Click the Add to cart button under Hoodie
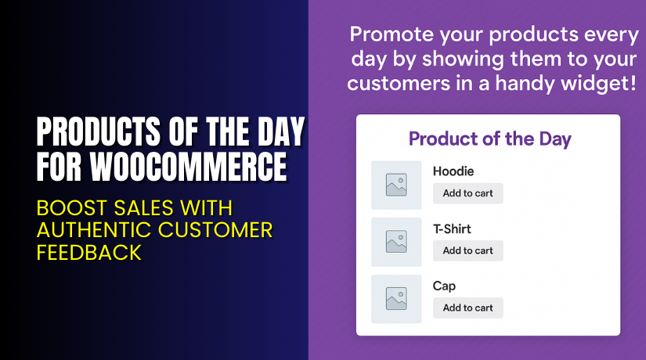click(467, 193)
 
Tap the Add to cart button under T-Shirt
click(467, 250)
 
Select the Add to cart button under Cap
click(467, 308)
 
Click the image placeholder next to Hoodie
click(396, 185)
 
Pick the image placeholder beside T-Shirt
click(396, 242)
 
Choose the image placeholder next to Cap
click(396, 299)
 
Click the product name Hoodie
click(453, 171)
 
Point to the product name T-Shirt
click(452, 229)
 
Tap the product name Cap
click(444, 286)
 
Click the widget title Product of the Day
click(489, 139)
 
